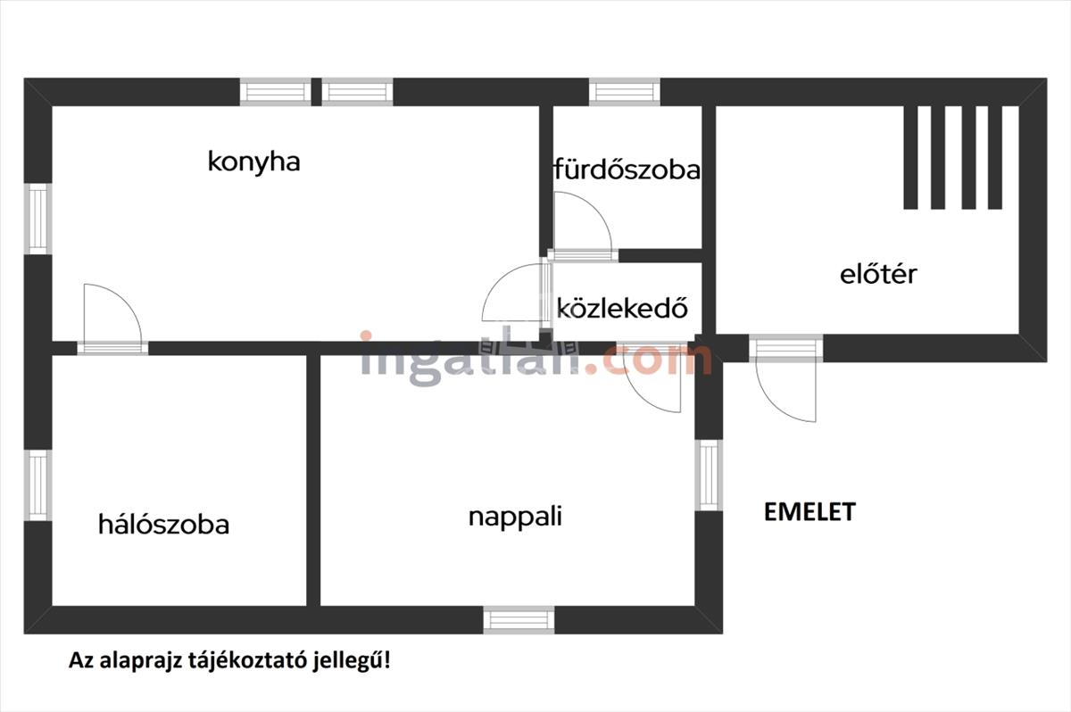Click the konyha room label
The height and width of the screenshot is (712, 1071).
point(253,161)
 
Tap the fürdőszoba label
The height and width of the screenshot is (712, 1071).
point(627,170)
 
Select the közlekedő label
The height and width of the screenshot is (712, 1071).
point(623,309)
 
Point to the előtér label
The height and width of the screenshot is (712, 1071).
point(878,274)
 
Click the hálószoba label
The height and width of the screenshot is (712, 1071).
point(163,525)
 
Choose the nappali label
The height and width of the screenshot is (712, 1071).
point(515,517)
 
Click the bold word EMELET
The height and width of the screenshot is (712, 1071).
point(809,512)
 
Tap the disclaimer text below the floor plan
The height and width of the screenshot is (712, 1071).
point(229,661)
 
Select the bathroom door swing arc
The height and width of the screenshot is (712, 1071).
point(582,228)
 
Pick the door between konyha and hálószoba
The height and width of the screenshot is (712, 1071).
point(112,317)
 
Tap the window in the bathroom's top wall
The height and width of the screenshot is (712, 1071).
point(624,91)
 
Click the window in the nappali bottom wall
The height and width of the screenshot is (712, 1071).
point(519,619)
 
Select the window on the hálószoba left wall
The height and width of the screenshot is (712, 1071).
point(37,484)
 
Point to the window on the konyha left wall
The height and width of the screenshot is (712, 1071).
point(37,218)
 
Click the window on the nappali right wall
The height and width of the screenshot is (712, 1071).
point(708,475)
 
